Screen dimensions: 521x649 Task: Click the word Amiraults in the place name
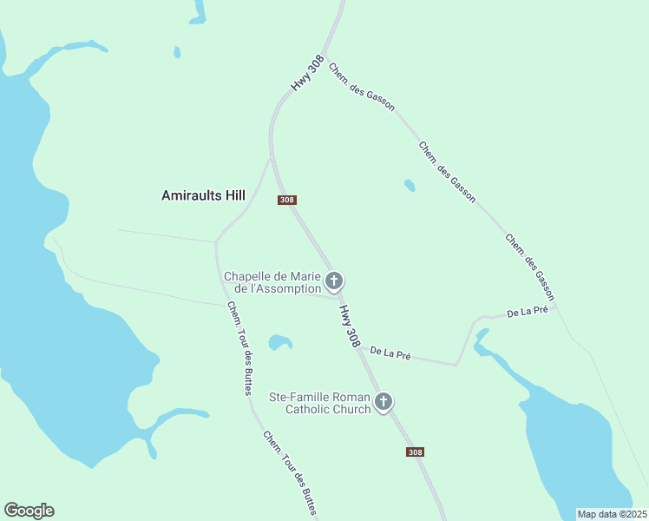point(192,196)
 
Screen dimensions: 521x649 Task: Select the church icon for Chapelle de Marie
point(334,281)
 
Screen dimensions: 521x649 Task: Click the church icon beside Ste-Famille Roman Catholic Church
point(383,402)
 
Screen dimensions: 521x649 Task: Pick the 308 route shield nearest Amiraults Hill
point(287,200)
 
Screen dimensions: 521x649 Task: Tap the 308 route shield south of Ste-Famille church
point(415,452)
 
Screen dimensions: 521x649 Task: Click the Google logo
point(29,511)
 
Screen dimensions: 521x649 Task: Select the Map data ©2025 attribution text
point(612,514)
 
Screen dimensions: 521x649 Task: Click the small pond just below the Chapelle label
point(279,342)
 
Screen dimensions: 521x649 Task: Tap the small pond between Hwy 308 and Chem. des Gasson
point(410,185)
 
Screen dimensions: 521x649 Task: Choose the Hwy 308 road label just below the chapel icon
point(349,326)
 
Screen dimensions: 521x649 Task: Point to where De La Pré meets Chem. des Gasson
point(556,306)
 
